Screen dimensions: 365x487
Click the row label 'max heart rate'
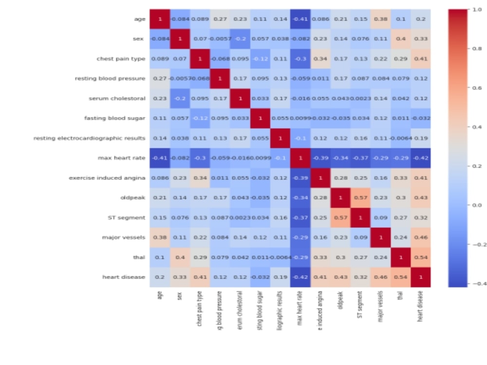click(125, 158)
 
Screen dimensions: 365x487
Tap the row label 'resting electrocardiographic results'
click(90, 138)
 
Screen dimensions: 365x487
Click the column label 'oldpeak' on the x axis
click(340, 301)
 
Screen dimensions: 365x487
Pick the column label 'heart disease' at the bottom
click(421, 306)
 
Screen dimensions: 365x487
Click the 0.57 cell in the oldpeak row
click(360, 198)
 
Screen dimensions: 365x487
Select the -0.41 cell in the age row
click(300, 19)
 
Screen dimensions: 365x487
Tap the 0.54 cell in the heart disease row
click(401, 277)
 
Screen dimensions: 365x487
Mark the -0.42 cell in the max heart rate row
click(421, 158)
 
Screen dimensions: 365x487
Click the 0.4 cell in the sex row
click(401, 39)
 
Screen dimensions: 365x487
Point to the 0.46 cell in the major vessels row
click(421, 237)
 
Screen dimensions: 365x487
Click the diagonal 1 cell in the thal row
click(401, 257)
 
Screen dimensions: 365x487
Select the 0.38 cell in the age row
click(381, 19)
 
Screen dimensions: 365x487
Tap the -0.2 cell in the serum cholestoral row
click(180, 98)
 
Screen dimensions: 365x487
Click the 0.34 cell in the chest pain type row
click(320, 59)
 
